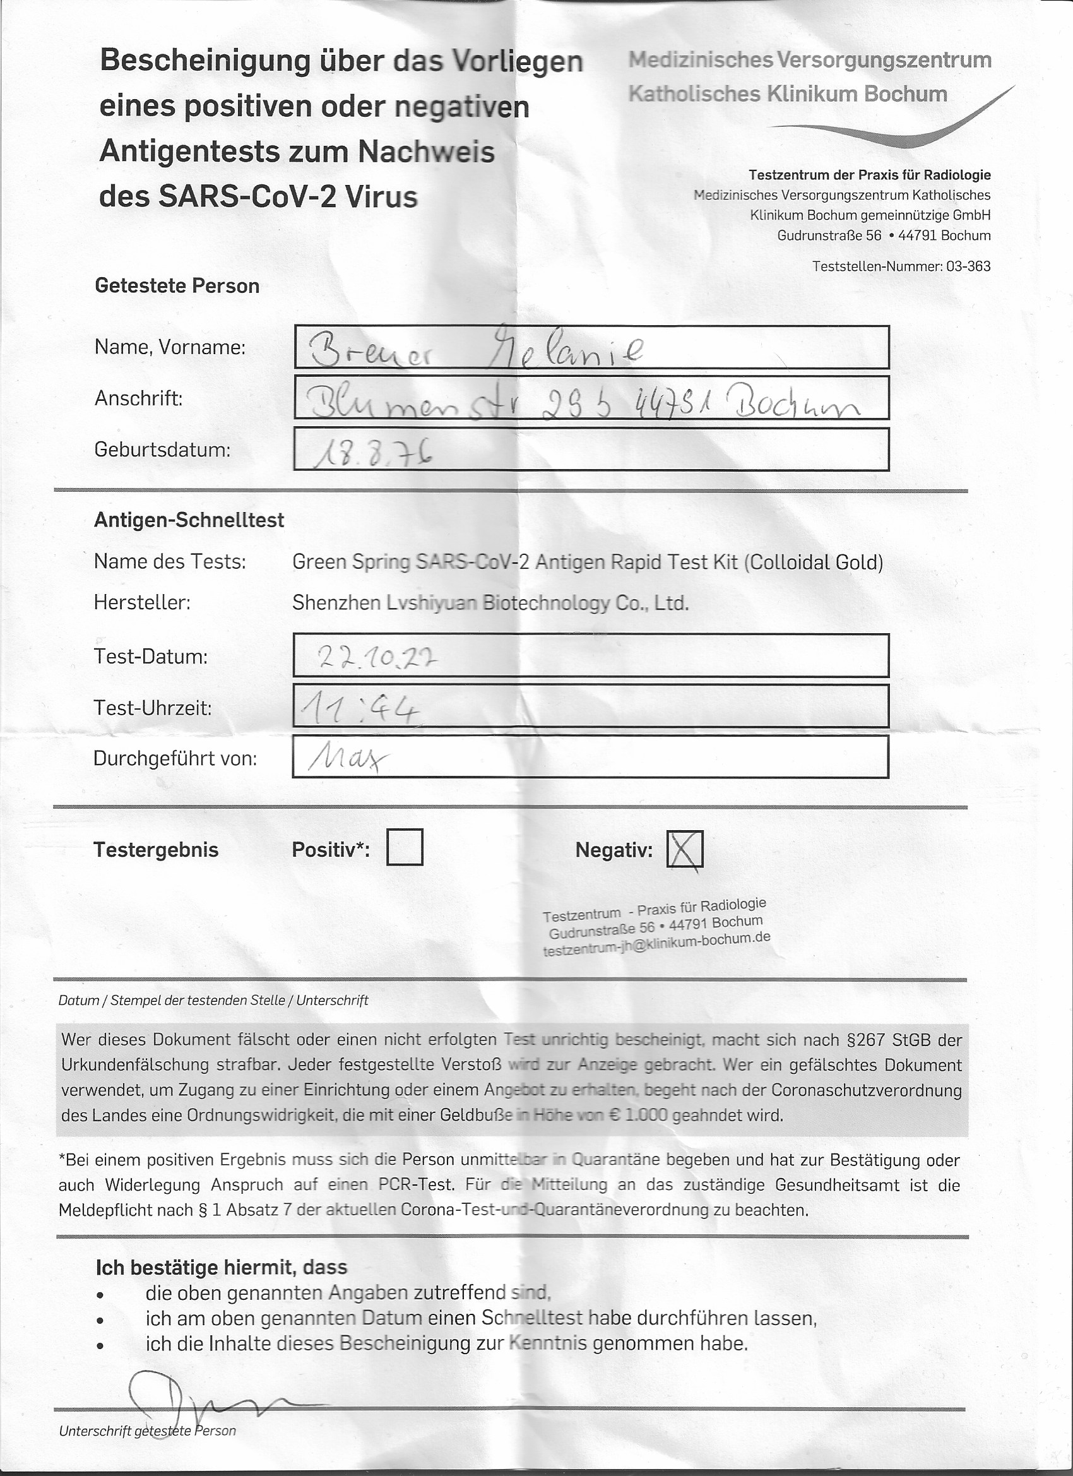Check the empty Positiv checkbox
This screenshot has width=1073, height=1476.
point(404,847)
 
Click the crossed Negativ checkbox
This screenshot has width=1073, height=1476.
point(685,850)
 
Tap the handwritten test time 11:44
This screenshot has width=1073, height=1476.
point(357,709)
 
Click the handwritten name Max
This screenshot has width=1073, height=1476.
point(348,758)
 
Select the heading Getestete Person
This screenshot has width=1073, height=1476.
point(177,286)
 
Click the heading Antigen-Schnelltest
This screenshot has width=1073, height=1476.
point(189,520)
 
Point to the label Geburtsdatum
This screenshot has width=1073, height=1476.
point(162,449)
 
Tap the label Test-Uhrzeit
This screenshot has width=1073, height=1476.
point(152,708)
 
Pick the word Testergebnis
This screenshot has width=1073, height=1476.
point(155,850)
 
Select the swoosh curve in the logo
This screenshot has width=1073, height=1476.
point(898,130)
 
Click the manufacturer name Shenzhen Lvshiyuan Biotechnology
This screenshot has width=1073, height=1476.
point(489,604)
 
